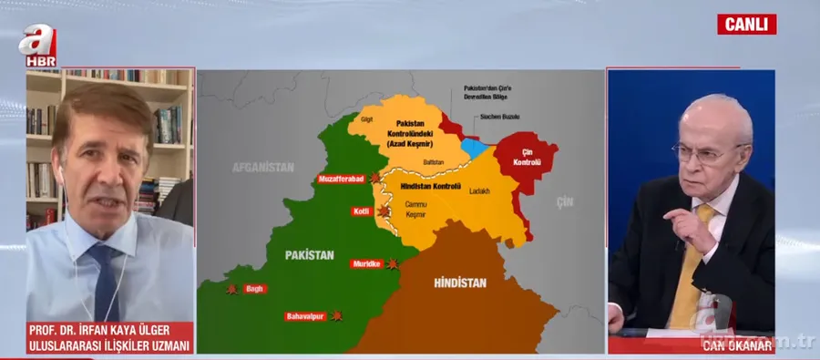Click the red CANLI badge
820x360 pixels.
coord(746,24)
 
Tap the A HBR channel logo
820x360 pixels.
coord(41,45)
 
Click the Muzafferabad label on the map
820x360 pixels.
coord(341,179)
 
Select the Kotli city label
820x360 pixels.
coord(360,211)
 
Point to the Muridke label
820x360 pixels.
coord(366,264)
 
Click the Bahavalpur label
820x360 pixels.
coord(305,315)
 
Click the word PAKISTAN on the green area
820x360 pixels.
coord(308,254)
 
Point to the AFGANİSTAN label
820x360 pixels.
coord(263,168)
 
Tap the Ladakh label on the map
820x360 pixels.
coord(479,191)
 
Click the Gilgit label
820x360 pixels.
coord(366,119)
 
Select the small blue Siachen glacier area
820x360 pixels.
coord(472,147)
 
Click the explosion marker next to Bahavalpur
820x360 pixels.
coord(336,315)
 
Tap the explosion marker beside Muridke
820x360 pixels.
coord(393,263)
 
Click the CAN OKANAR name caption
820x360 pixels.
coord(736,345)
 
